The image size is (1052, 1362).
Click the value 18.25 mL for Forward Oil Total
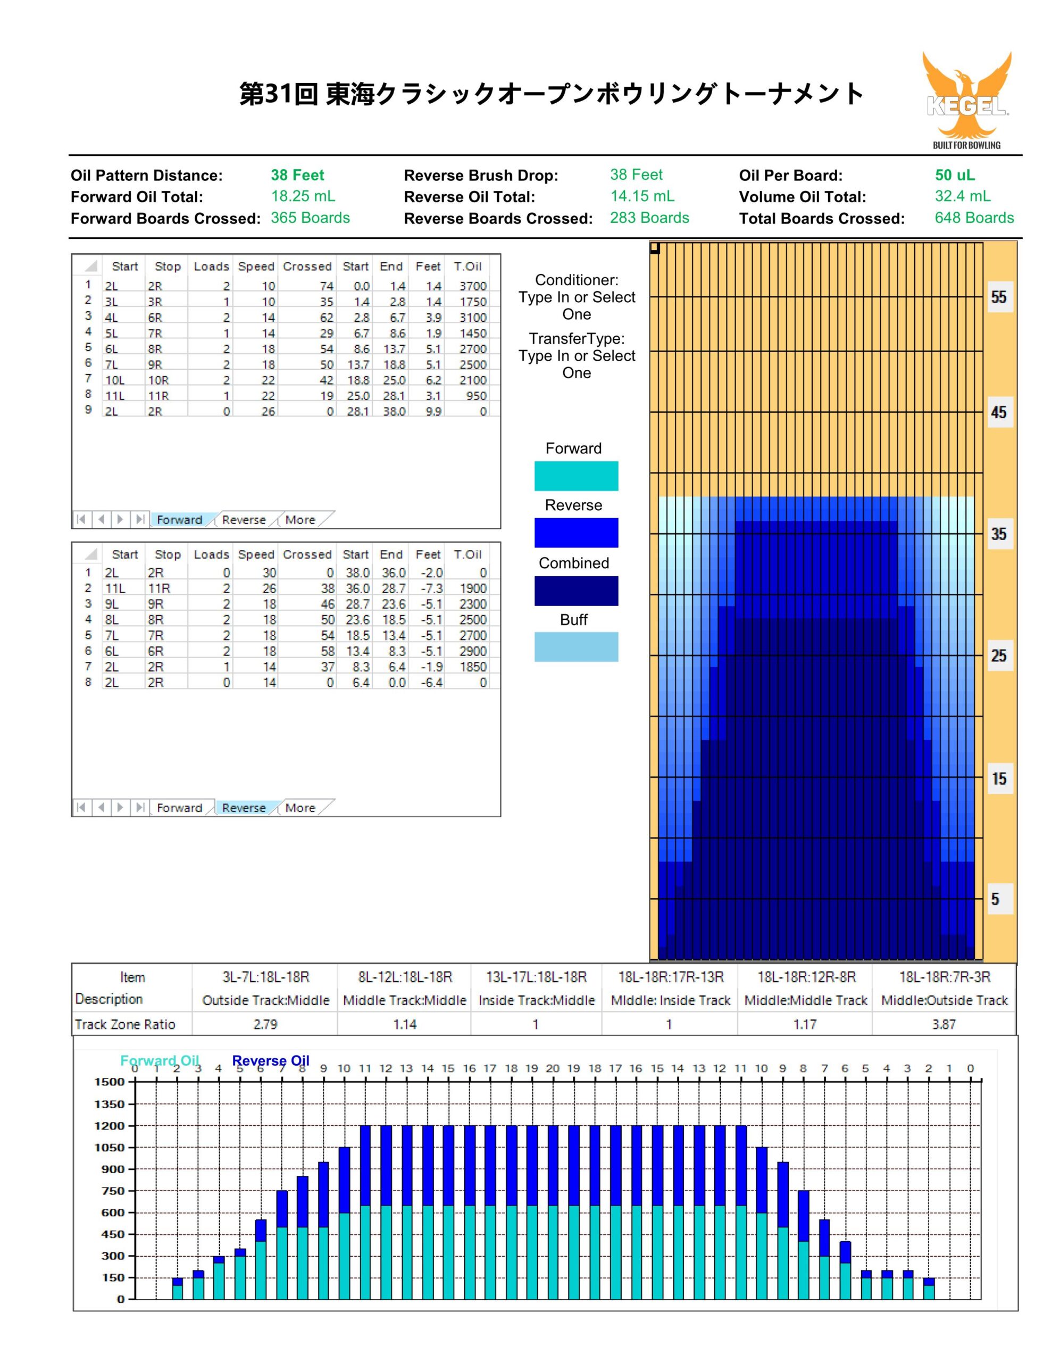click(x=303, y=196)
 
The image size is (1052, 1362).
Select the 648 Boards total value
click(x=974, y=218)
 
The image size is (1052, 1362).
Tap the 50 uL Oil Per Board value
click(x=955, y=175)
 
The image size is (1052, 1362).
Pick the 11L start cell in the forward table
click(x=115, y=396)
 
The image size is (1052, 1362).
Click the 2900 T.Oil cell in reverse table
click(x=473, y=651)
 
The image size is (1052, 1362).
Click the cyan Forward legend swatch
click(x=576, y=476)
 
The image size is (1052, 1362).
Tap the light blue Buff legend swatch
click(x=576, y=647)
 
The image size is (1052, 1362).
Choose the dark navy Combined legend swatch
click(x=576, y=591)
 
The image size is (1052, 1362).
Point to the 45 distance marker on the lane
click(x=998, y=412)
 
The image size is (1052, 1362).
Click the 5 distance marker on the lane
click(x=995, y=899)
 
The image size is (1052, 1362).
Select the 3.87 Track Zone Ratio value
click(x=944, y=1025)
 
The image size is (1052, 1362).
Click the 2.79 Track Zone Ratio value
click(x=265, y=1025)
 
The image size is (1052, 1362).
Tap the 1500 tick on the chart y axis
click(x=110, y=1082)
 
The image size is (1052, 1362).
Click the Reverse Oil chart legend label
click(x=271, y=1061)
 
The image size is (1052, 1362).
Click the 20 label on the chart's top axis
click(x=553, y=1068)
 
